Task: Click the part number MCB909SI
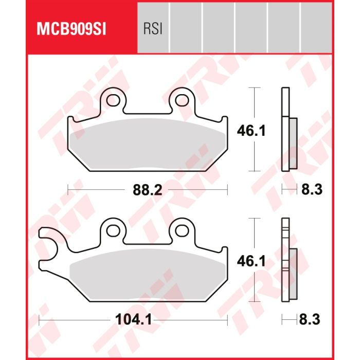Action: coord(71,29)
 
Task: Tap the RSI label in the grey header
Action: coord(153,29)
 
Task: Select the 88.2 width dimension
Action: coord(148,190)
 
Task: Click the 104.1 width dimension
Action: coord(133,319)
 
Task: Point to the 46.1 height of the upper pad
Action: coord(251,131)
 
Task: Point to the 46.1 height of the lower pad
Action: coord(251,261)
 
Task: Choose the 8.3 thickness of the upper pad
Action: coord(312,190)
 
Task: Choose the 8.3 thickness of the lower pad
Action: coord(310,319)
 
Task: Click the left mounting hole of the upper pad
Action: coord(113,100)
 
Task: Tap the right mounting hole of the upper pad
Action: coord(182,100)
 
